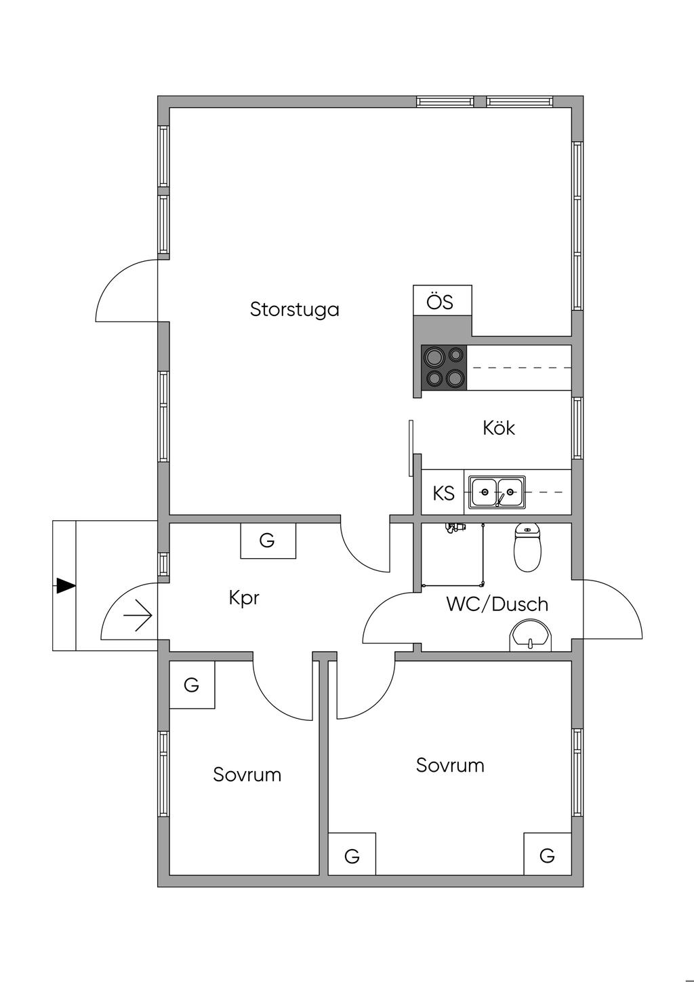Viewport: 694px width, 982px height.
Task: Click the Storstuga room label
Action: click(x=294, y=310)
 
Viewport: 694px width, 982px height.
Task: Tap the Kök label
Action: click(x=499, y=428)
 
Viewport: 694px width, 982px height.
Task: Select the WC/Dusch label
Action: click(x=497, y=604)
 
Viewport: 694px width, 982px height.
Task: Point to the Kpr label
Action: click(x=244, y=598)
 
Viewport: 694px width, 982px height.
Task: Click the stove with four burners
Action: click(x=444, y=367)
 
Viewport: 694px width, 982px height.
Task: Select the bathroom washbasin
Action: click(x=531, y=637)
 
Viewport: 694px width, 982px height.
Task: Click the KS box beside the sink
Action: click(x=443, y=493)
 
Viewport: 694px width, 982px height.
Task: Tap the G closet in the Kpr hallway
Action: click(x=268, y=541)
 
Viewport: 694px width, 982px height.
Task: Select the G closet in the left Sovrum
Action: click(x=192, y=685)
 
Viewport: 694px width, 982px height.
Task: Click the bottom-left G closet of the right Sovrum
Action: click(x=352, y=855)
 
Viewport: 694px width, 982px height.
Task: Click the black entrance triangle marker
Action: click(x=65, y=586)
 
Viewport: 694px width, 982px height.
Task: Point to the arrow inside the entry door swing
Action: click(x=138, y=616)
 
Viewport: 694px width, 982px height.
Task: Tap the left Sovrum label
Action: click(x=247, y=774)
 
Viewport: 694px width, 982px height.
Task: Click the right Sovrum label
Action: click(x=450, y=765)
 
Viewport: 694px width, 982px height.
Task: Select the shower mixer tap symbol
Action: click(x=455, y=527)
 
